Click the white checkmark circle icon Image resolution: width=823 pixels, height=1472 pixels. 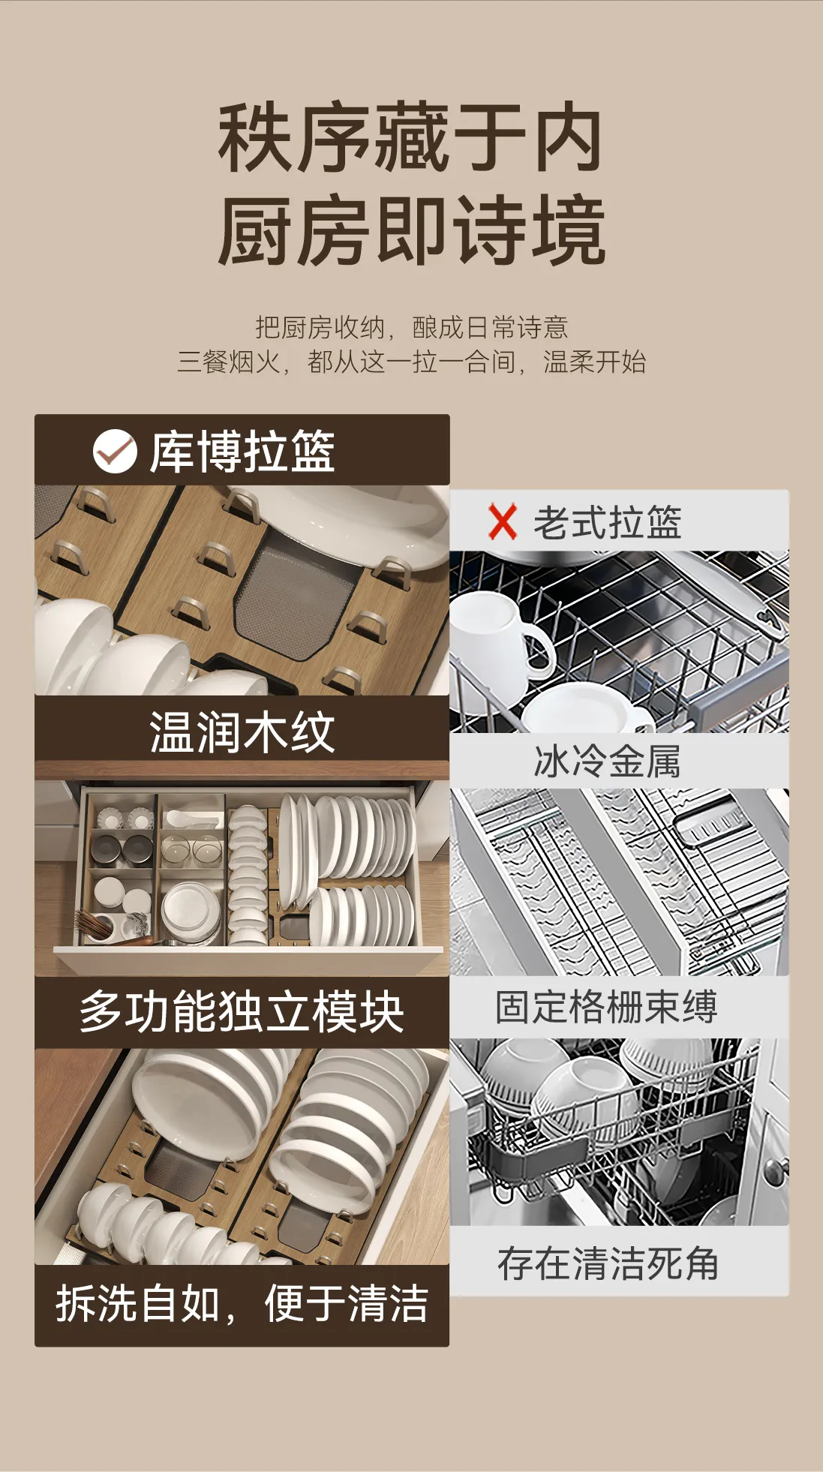(x=115, y=452)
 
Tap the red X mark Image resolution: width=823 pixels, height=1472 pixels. (x=503, y=522)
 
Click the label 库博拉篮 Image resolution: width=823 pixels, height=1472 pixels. (x=242, y=452)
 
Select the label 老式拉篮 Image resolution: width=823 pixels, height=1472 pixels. (x=607, y=523)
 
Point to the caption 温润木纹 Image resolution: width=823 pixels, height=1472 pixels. (x=242, y=731)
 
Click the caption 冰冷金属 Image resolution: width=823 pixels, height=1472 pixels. (x=607, y=762)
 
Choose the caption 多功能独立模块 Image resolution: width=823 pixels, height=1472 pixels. (x=242, y=1011)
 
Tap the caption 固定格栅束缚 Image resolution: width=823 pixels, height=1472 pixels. (x=606, y=1007)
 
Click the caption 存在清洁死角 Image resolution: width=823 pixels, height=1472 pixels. (x=608, y=1263)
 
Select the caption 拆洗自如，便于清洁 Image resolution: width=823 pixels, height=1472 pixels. (x=242, y=1304)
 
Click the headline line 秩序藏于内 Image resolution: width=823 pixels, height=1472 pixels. (x=410, y=138)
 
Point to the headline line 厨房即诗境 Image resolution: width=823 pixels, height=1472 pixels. (x=411, y=230)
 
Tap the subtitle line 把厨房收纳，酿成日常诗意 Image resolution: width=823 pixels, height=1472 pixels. (x=411, y=328)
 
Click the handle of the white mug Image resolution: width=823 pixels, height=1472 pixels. (x=537, y=653)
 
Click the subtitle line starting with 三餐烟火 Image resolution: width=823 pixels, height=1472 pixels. (x=411, y=362)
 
